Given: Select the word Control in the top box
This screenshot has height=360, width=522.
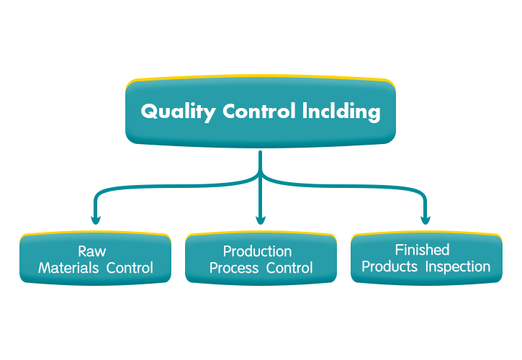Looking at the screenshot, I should click(x=259, y=112).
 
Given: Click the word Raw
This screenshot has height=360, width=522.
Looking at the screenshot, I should click(x=96, y=251).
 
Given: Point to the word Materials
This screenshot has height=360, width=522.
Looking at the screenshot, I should click(x=70, y=269).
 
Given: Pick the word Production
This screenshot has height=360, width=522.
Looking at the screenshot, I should click(x=257, y=251).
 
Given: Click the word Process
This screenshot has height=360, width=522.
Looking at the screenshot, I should click(x=233, y=269).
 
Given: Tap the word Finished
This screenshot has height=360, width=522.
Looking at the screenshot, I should click(x=422, y=250).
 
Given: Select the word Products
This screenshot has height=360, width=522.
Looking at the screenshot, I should click(x=390, y=267).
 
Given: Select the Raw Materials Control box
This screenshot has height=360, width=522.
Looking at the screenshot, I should click(x=96, y=259).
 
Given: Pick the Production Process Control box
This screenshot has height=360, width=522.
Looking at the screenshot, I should click(x=261, y=259).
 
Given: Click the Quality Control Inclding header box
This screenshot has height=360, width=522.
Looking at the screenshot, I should click(x=261, y=112).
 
